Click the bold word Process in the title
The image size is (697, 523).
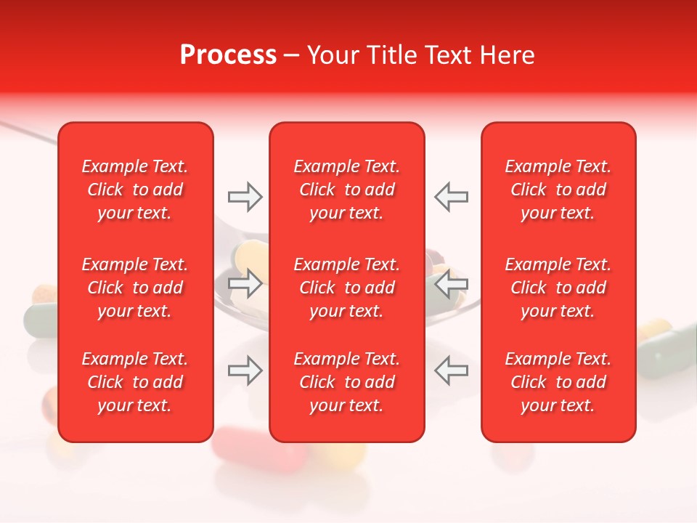coord(228,55)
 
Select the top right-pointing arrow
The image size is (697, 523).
coord(245,197)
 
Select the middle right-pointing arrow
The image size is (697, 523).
coord(245,284)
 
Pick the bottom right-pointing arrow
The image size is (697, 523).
coord(245,370)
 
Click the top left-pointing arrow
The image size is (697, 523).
coord(451,197)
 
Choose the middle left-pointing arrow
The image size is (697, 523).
coord(451,284)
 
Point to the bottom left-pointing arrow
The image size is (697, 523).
coord(451,370)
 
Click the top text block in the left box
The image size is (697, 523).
coord(135,190)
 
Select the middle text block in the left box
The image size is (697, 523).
coord(135,288)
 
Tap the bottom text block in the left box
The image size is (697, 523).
coord(135,382)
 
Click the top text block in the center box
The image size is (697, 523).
coord(346,190)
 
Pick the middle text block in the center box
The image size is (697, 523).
coord(346,288)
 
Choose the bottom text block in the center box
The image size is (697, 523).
coord(346,382)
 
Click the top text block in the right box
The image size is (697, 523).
coord(558,190)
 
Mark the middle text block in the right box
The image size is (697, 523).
coord(558,288)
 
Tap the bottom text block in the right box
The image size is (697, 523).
coord(558,382)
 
